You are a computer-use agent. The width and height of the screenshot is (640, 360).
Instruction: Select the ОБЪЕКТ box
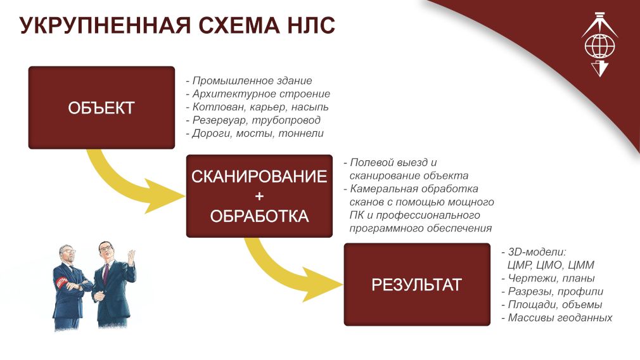click(101, 108)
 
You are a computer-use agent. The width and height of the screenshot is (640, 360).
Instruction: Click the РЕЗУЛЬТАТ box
click(417, 285)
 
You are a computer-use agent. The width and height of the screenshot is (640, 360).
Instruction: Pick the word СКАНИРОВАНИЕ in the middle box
click(259, 177)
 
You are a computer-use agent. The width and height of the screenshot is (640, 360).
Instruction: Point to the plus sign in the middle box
click(259, 196)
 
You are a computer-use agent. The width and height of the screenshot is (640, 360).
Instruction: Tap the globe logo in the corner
click(599, 45)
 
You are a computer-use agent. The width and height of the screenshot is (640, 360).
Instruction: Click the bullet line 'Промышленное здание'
click(249, 80)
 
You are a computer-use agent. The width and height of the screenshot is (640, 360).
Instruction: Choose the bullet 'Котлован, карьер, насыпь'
click(257, 107)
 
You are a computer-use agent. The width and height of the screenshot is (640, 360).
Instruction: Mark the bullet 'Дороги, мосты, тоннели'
click(255, 133)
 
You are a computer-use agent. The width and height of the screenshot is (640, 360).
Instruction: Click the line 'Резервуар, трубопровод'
click(253, 120)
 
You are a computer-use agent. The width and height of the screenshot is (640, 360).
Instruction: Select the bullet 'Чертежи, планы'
click(548, 278)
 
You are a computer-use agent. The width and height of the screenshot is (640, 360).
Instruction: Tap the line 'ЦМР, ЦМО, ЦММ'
click(551, 265)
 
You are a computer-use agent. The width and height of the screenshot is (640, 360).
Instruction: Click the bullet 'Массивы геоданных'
click(557, 317)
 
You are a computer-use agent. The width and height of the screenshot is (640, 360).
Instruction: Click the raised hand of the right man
click(131, 257)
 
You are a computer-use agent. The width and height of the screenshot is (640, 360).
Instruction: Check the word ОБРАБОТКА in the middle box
click(259, 216)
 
